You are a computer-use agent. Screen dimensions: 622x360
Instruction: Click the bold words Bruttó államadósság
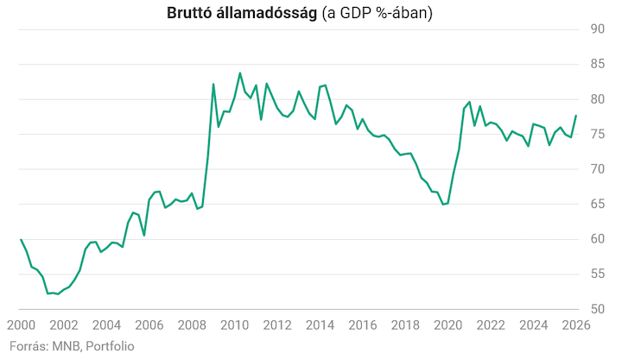click(x=242, y=13)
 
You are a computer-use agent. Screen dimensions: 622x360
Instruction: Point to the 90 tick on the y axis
click(x=598, y=29)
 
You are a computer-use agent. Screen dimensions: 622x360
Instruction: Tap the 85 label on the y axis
click(x=598, y=64)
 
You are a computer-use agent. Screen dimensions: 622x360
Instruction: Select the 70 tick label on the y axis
click(x=598, y=169)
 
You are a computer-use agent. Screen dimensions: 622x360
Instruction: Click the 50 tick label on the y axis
click(x=598, y=309)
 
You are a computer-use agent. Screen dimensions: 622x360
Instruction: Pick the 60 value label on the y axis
click(x=598, y=238)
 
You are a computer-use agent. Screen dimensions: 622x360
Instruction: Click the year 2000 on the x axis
click(x=21, y=325)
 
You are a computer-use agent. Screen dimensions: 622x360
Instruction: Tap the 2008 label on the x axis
click(x=192, y=325)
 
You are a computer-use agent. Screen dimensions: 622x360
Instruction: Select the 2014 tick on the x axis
click(x=321, y=325)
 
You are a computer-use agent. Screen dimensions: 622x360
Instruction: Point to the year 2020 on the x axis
click(x=448, y=325)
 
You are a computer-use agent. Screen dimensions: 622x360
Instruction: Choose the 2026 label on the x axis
click(x=576, y=325)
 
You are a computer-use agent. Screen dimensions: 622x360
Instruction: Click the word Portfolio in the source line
click(x=110, y=346)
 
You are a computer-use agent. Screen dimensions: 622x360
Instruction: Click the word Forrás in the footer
click(x=29, y=346)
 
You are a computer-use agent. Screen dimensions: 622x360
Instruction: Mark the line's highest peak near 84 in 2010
click(x=239, y=73)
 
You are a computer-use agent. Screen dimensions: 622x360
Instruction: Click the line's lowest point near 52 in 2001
click(x=59, y=294)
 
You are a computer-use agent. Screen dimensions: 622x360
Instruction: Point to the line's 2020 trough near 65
click(x=443, y=205)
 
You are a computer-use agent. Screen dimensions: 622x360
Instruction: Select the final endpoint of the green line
click(x=576, y=116)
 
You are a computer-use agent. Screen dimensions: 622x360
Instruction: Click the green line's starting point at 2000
click(x=21, y=239)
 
